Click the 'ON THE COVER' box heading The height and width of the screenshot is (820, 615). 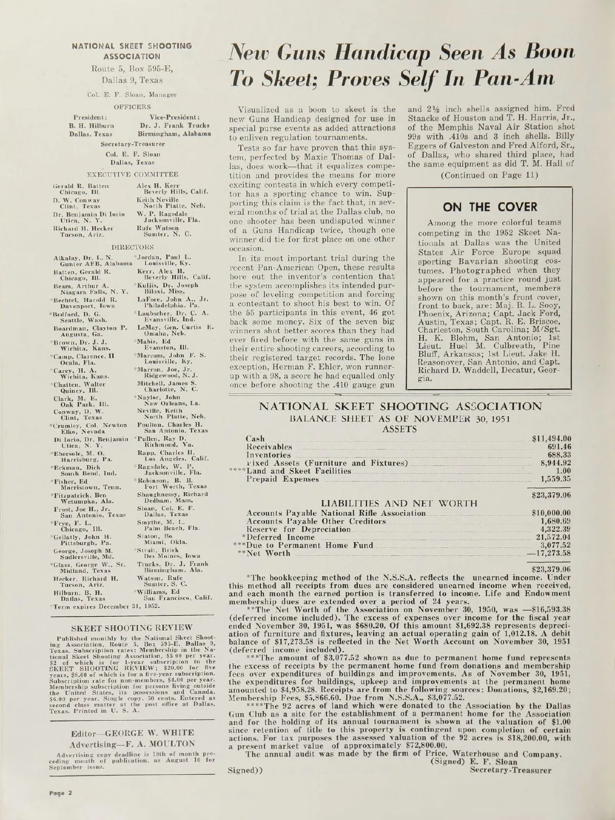[x=490, y=207]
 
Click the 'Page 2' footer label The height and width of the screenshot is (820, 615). [x=60, y=792]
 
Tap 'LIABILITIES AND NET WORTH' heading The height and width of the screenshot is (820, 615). [x=399, y=504]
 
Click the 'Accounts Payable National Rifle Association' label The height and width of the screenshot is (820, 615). [x=336, y=513]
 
